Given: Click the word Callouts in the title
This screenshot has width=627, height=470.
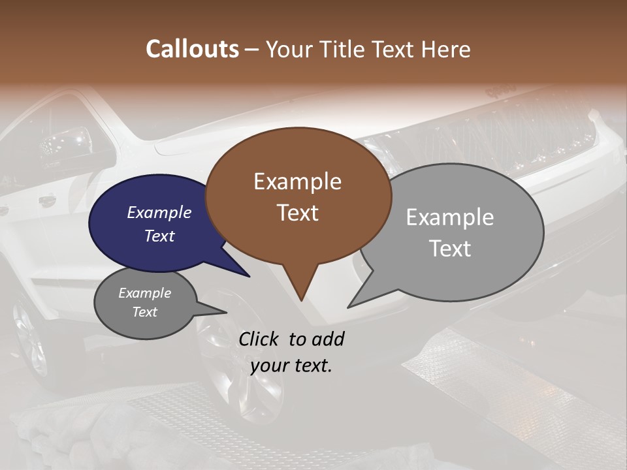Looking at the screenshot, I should [192, 49].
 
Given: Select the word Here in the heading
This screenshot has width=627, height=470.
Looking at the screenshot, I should [445, 49].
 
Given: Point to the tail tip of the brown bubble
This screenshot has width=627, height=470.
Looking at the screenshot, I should [301, 300].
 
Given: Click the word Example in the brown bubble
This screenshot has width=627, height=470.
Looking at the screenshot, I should [297, 181].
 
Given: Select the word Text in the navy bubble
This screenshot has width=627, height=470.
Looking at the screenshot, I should [159, 236].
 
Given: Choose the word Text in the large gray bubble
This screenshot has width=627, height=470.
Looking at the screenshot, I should [450, 249].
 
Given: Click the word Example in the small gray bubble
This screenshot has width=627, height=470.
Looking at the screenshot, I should [144, 294].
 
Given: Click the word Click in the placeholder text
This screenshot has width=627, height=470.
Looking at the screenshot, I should [259, 339].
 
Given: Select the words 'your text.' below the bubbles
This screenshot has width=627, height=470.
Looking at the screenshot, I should [291, 366].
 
